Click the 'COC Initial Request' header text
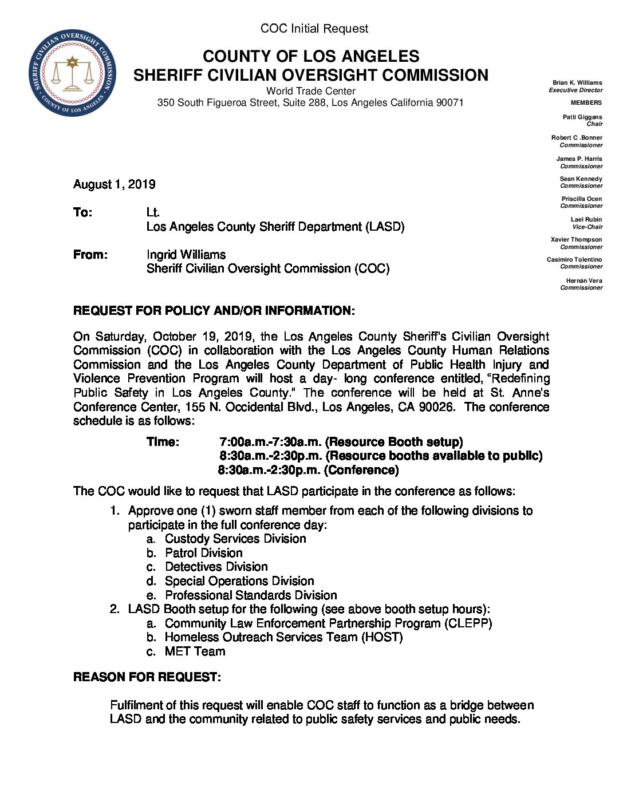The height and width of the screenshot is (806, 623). [x=314, y=29]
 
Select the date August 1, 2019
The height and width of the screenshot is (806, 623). [x=114, y=184]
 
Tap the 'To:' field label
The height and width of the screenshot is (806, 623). [x=82, y=212]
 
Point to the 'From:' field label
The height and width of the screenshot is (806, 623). [x=90, y=255]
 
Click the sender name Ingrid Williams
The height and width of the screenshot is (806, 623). [x=186, y=255]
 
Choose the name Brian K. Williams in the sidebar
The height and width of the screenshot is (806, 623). [x=577, y=82]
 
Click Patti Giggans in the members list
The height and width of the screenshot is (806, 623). [x=582, y=117]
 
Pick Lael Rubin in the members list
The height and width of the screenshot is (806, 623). [x=586, y=219]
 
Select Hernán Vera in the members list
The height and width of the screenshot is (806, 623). [x=583, y=280]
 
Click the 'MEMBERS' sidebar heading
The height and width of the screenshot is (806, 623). [x=586, y=102]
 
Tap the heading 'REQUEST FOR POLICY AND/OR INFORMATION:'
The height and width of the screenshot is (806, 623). [x=214, y=311]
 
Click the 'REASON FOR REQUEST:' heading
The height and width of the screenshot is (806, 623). [x=147, y=677]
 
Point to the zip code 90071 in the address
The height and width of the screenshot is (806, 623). [x=449, y=102]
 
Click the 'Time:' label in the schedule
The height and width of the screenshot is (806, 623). [x=163, y=442]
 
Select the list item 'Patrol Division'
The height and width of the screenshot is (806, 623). [x=203, y=553]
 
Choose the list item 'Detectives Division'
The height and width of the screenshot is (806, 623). [x=216, y=567]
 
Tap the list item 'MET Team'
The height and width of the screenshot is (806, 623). [x=195, y=651]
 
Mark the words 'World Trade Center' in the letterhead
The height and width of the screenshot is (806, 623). [x=310, y=91]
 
